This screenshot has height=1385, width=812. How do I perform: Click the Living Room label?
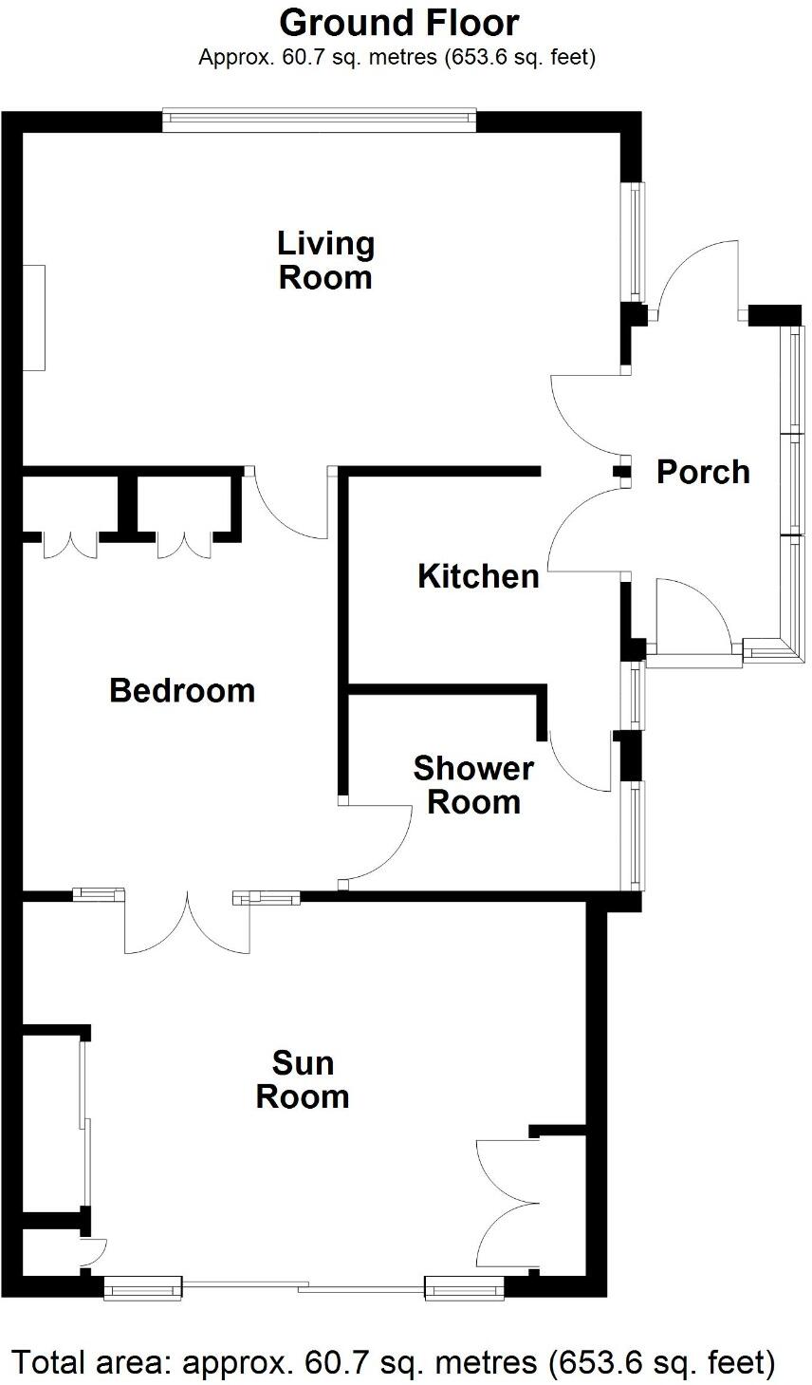click(x=325, y=261)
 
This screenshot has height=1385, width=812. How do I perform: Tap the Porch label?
click(x=703, y=472)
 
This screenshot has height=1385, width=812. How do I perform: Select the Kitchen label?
click(x=478, y=576)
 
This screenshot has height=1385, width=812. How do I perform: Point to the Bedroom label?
click(x=182, y=690)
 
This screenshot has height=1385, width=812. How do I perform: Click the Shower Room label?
click(x=473, y=785)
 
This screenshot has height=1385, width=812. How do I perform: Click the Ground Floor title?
click(x=399, y=22)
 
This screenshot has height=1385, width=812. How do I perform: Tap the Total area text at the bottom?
click(x=393, y=1363)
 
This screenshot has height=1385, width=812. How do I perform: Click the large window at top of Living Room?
click(x=319, y=117)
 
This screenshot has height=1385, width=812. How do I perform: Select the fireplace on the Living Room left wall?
click(x=35, y=317)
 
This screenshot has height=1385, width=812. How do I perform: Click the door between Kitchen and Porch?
click(x=586, y=532)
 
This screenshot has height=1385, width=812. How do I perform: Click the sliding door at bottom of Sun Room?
click(x=304, y=1287)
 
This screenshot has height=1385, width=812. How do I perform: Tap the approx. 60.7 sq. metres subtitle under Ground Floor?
click(x=397, y=58)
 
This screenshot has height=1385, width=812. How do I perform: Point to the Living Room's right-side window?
click(x=632, y=239)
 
